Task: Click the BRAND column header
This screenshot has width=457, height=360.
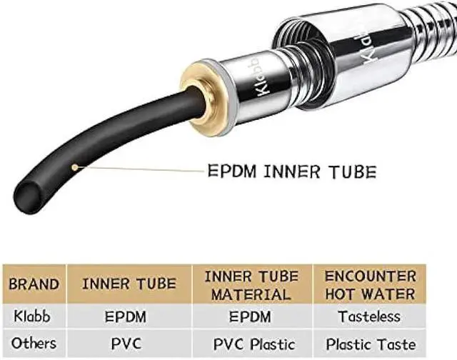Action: [x=34, y=284]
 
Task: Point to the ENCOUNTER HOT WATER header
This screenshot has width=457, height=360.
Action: [x=371, y=284]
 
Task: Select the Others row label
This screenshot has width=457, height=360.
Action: [x=34, y=343]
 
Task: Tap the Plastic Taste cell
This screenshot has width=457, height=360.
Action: [x=371, y=343]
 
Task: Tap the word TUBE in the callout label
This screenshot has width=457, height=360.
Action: [x=349, y=171]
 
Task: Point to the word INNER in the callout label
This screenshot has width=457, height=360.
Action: [x=291, y=171]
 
